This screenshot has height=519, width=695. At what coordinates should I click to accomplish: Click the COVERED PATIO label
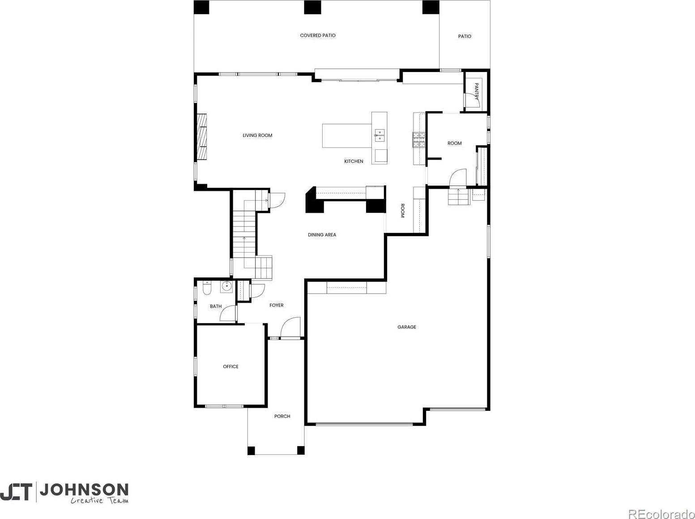click(x=318, y=35)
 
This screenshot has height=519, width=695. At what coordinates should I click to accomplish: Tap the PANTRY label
click(x=477, y=91)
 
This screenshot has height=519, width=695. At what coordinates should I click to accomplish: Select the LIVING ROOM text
click(x=257, y=135)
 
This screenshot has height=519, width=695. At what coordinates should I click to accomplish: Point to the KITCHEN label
click(x=354, y=161)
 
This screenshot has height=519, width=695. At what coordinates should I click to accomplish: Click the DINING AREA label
click(x=322, y=235)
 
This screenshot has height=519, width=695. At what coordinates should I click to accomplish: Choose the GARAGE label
click(x=407, y=327)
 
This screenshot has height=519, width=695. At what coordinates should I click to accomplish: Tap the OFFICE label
click(x=230, y=367)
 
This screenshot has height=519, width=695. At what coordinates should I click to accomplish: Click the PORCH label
click(x=282, y=416)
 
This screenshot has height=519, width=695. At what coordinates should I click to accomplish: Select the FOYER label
click(x=277, y=305)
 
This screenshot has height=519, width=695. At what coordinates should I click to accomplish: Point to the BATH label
click(x=216, y=306)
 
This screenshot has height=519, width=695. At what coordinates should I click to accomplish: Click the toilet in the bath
click(x=207, y=288)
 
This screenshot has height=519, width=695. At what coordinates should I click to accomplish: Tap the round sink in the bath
click(x=227, y=287)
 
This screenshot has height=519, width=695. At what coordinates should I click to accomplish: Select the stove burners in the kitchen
click(x=419, y=140)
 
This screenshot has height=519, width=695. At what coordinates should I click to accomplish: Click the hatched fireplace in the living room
click(x=202, y=136)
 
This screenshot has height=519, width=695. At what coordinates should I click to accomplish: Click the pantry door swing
click(x=472, y=101)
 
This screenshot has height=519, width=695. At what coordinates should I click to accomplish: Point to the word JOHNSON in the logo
click(x=84, y=490)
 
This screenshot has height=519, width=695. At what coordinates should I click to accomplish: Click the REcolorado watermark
click(x=661, y=514)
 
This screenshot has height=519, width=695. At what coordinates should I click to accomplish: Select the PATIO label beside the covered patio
click(x=465, y=36)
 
